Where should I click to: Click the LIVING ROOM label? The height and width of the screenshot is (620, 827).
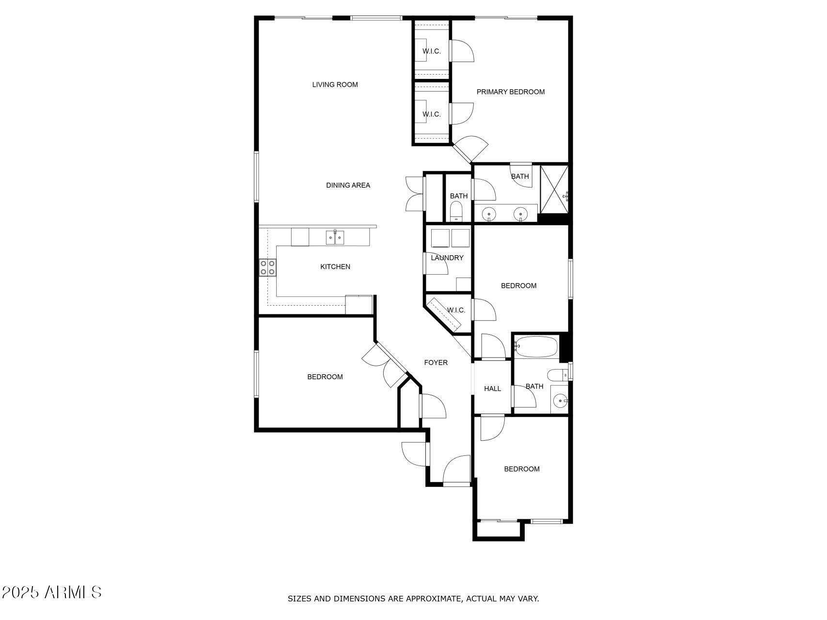point(335,85)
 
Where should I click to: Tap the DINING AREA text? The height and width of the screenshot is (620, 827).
point(348,185)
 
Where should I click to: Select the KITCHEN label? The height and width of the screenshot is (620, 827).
point(335,266)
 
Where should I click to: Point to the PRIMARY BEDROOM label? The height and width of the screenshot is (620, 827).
point(511,92)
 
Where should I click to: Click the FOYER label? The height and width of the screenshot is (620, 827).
point(436,362)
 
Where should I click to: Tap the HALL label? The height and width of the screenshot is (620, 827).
point(493,388)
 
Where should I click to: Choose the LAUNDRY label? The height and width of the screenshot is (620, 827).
point(447,258)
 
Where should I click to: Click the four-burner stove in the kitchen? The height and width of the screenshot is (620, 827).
point(267,267)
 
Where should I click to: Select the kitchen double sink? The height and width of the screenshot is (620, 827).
point(335,237)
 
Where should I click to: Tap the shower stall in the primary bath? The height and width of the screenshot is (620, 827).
point(554,189)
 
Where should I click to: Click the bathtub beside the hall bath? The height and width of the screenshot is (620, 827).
point(536,347)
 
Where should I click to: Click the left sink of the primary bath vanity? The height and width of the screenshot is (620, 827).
point(490,213)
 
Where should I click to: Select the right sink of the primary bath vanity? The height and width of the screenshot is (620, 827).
point(520,213)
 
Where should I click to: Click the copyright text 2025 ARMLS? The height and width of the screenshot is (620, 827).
point(51,592)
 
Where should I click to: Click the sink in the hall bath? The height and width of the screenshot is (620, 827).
point(561,401)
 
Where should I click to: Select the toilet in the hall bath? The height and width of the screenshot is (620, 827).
point(557,374)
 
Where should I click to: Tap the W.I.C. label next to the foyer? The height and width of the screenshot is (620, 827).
point(456,310)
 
